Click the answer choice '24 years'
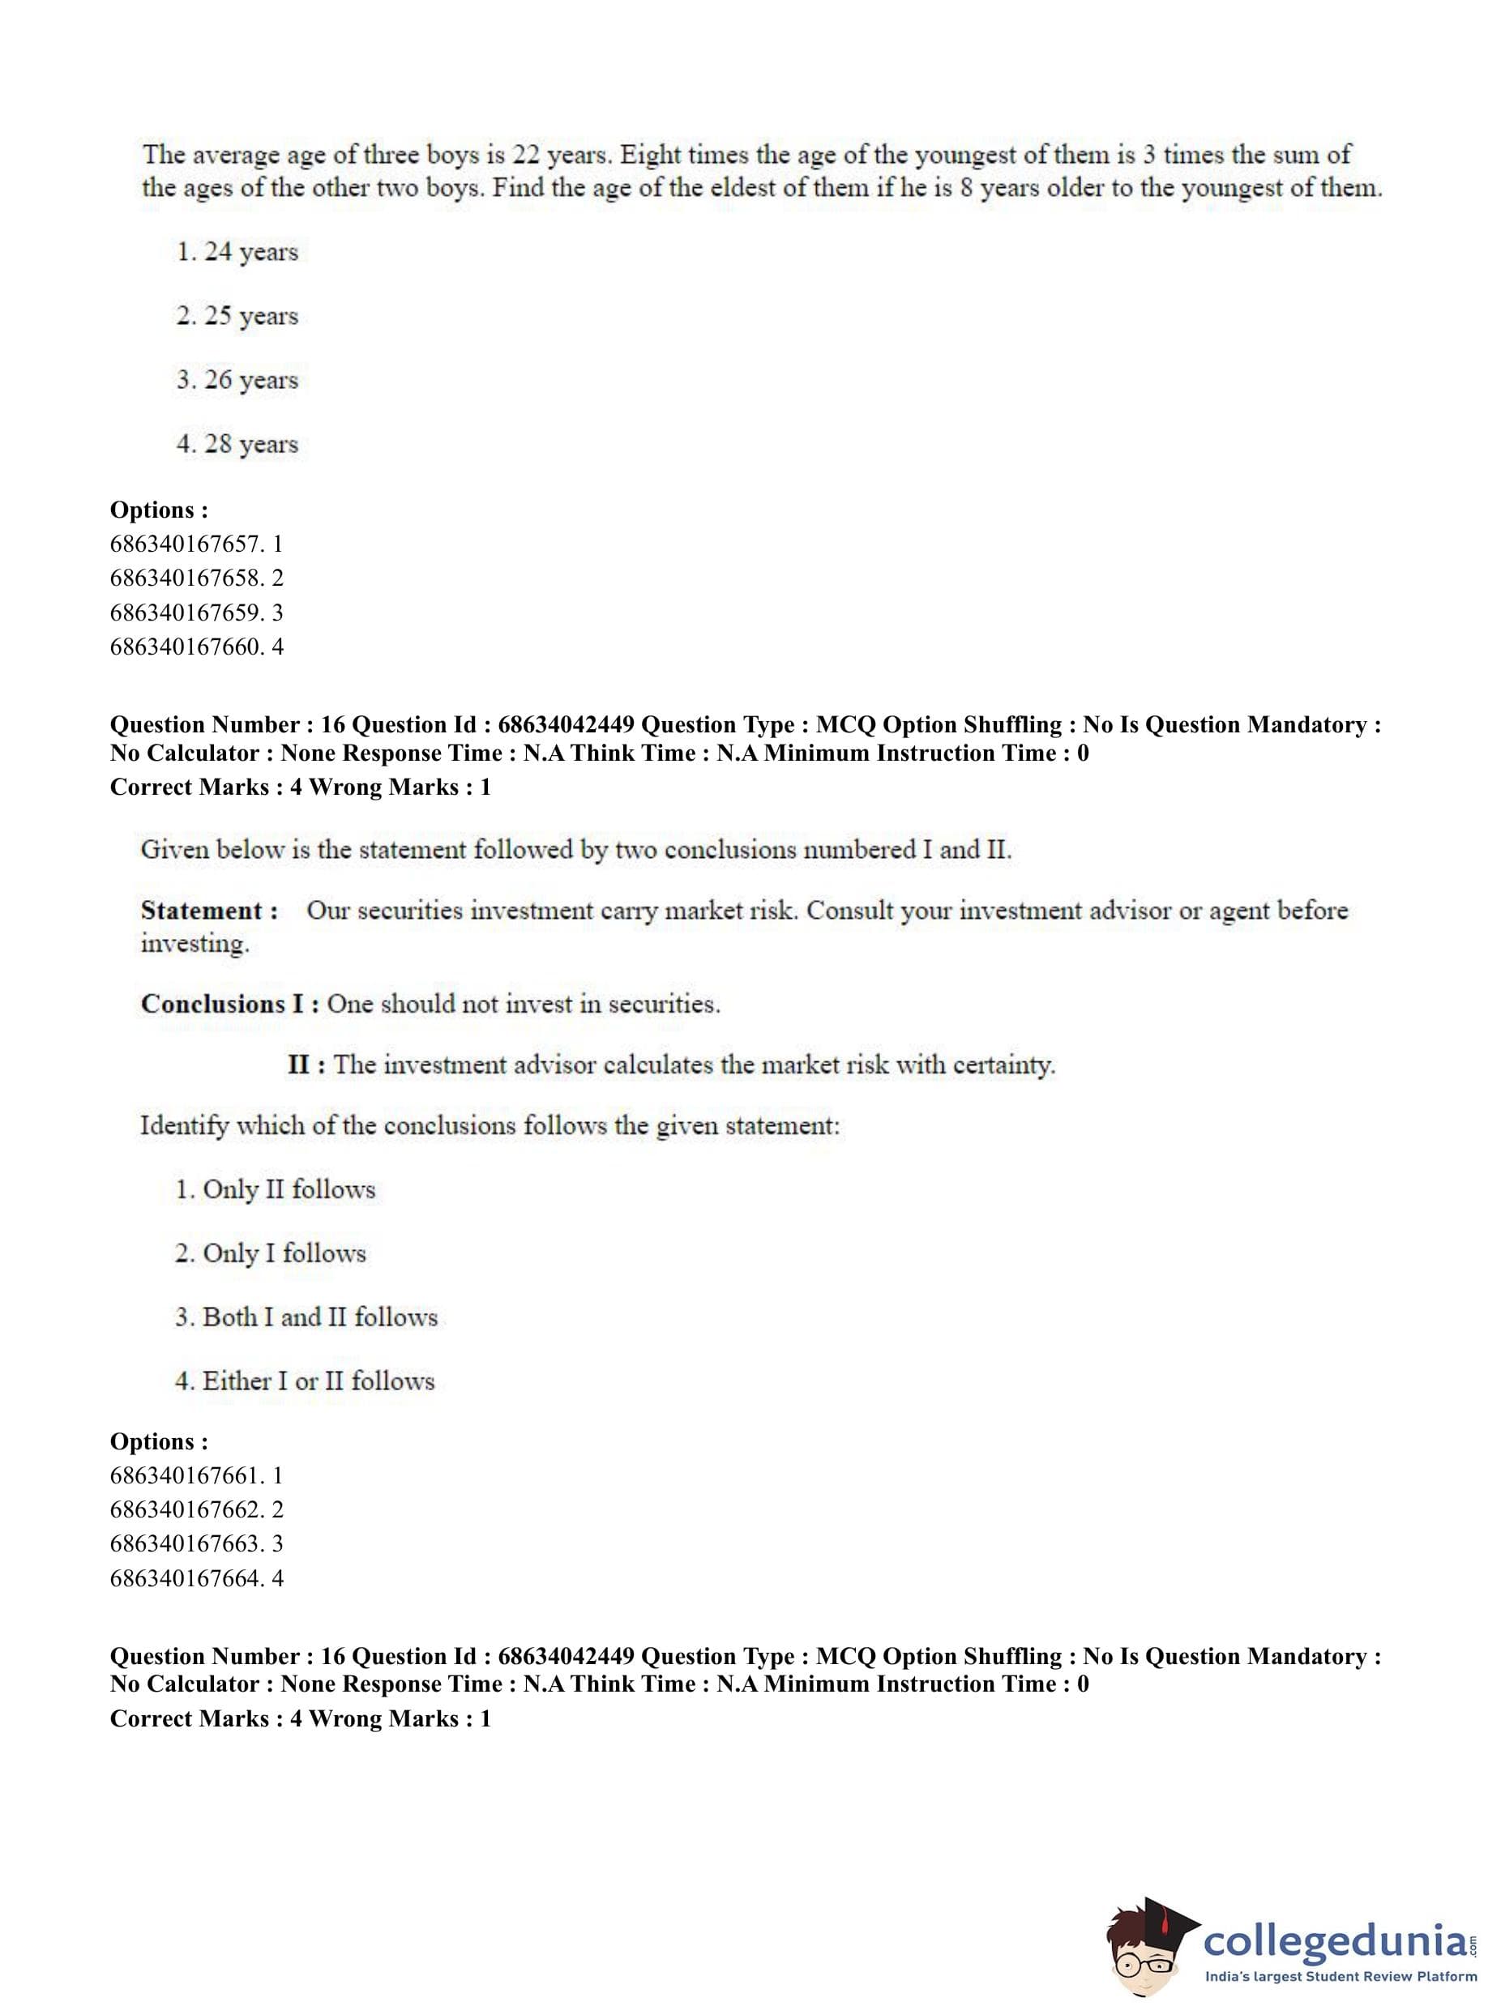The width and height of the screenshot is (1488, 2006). click(237, 252)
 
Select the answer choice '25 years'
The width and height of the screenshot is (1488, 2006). click(237, 316)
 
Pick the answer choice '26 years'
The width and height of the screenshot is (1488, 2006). click(237, 380)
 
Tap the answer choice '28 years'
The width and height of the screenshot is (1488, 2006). click(237, 444)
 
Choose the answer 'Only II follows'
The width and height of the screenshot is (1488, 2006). click(276, 1189)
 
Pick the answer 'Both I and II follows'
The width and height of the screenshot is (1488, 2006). click(306, 1317)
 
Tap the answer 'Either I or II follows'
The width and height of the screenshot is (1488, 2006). click(306, 1381)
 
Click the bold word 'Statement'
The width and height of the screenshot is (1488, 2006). click(202, 911)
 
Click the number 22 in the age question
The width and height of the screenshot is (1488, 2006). click(526, 155)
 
